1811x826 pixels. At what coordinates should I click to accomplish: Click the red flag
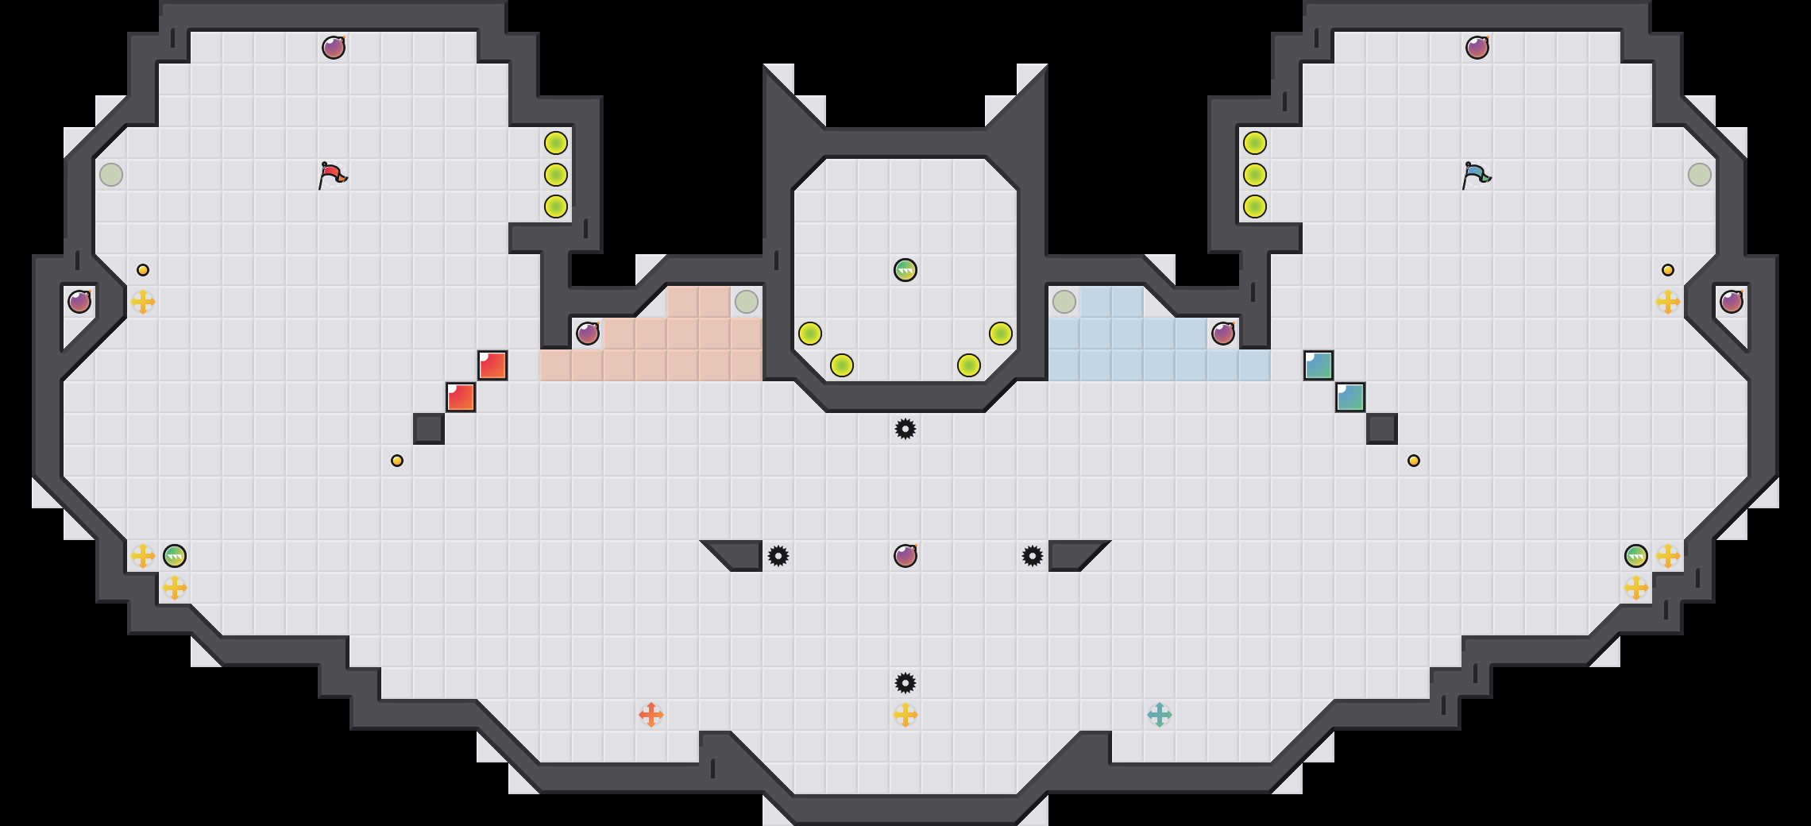332,175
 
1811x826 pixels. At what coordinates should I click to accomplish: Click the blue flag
1476,175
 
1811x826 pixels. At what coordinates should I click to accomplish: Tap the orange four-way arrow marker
651,715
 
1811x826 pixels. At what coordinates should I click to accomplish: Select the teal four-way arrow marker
1160,715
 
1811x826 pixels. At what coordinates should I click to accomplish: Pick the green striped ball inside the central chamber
905,270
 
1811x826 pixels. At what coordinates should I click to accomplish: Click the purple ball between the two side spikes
905,556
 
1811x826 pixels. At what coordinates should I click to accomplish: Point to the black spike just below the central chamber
905,429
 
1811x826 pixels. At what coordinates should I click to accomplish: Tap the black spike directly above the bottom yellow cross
905,683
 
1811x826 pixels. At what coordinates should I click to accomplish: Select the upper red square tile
492,365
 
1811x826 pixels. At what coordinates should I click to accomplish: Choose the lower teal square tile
1350,397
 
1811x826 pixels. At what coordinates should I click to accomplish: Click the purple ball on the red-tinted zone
588,334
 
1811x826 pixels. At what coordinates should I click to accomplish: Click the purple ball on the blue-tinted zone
1223,334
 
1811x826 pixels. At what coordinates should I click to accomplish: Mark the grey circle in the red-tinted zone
747,302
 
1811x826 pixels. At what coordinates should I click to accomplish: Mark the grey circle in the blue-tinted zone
1064,302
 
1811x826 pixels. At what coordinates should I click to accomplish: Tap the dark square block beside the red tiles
429,429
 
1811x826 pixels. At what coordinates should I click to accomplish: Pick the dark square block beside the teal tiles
1382,429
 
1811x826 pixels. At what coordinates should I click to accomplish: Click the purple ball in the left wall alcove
79,302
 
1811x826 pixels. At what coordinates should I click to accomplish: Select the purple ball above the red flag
334,48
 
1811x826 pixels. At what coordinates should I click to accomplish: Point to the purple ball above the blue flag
1477,48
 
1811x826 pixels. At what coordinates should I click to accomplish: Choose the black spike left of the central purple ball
778,556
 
